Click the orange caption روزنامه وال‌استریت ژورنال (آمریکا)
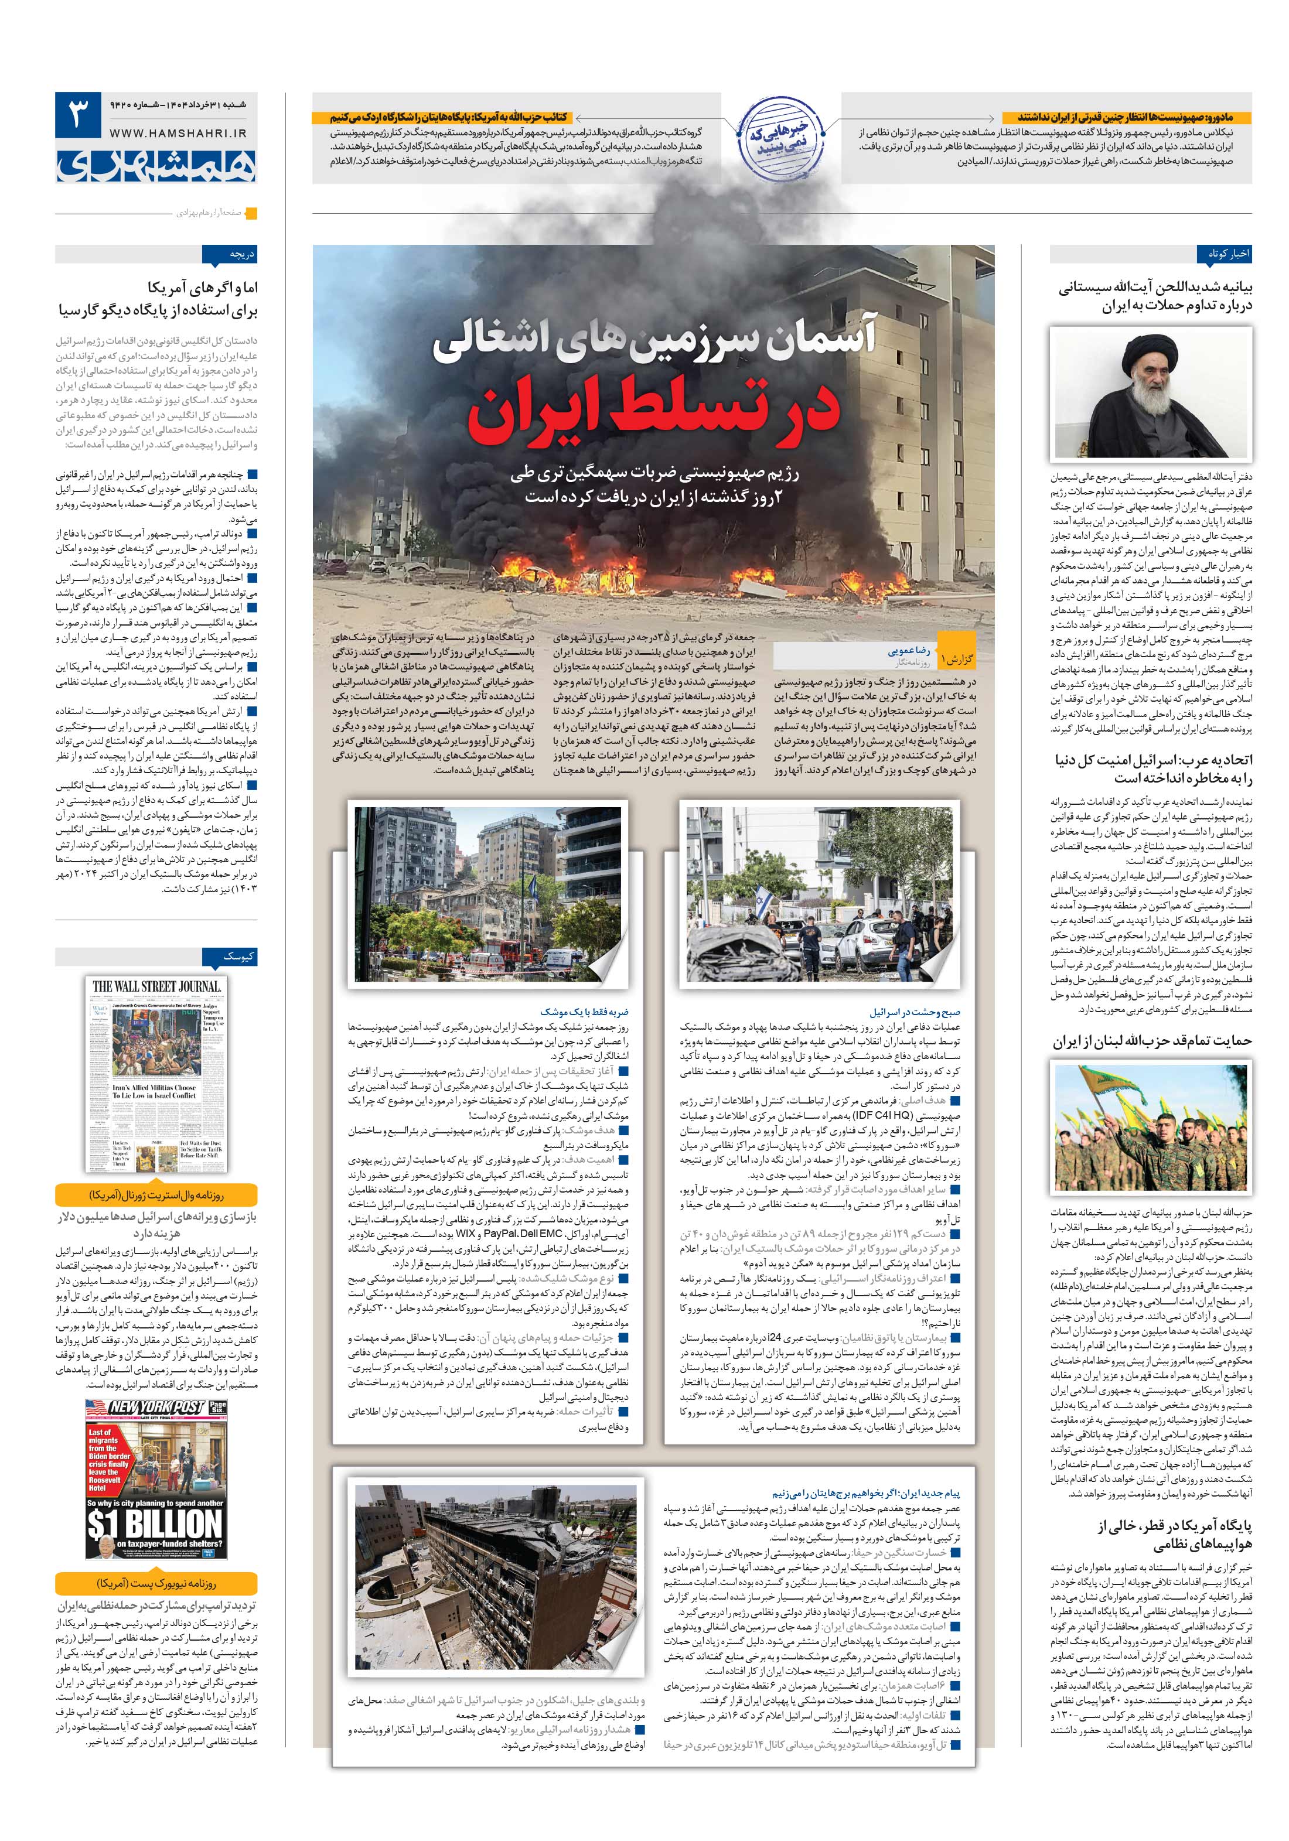tap(156, 1196)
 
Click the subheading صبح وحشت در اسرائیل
tap(915, 1012)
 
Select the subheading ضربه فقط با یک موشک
tap(585, 1012)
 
